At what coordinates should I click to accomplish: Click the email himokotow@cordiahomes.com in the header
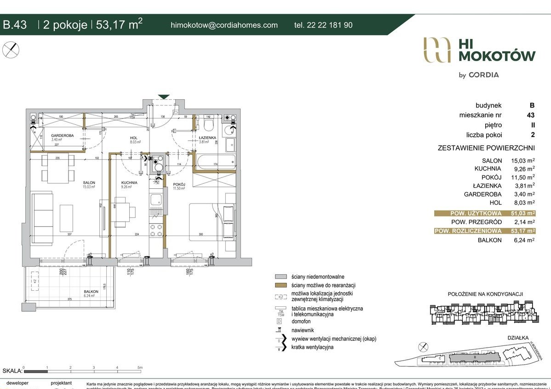pos(224,25)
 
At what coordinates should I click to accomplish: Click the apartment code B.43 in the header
pos(15,25)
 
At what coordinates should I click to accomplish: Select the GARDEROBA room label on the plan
pos(60,135)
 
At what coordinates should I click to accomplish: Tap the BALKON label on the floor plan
pos(91,291)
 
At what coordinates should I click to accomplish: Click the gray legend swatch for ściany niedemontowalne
pos(281,276)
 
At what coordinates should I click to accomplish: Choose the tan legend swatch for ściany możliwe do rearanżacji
pos(281,285)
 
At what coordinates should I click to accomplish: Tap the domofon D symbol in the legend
pos(279,321)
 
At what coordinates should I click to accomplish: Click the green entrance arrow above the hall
pos(164,97)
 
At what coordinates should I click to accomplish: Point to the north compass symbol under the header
pos(11,50)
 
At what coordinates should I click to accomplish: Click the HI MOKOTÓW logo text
pos(497,50)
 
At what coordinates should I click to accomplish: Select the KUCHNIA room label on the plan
pos(129,182)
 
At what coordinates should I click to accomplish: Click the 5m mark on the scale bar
pos(140,367)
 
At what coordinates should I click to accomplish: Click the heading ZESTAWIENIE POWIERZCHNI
pos(486,148)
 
